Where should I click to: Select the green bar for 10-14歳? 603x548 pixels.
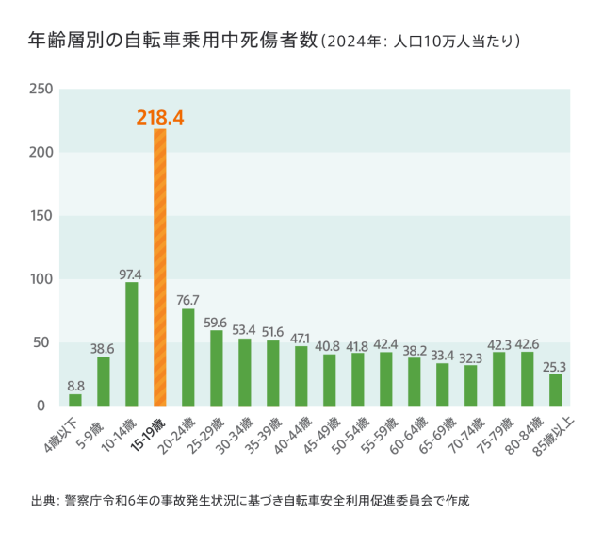click(x=131, y=343)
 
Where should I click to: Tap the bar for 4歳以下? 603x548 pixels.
click(x=75, y=400)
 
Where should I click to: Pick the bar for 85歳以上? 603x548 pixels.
click(x=556, y=390)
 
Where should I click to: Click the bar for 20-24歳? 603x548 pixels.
click(x=187, y=357)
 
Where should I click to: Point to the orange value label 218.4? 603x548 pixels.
click(x=159, y=117)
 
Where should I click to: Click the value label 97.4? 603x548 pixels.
click(x=131, y=274)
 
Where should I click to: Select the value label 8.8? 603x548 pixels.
click(x=75, y=386)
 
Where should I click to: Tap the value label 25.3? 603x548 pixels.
click(x=556, y=366)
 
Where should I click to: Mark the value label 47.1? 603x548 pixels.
click(x=301, y=338)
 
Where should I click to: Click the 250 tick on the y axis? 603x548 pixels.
click(x=41, y=90)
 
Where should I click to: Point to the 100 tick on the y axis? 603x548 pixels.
click(x=41, y=279)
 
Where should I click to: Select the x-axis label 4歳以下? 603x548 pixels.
click(x=65, y=430)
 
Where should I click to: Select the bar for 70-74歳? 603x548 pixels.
click(x=471, y=385)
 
